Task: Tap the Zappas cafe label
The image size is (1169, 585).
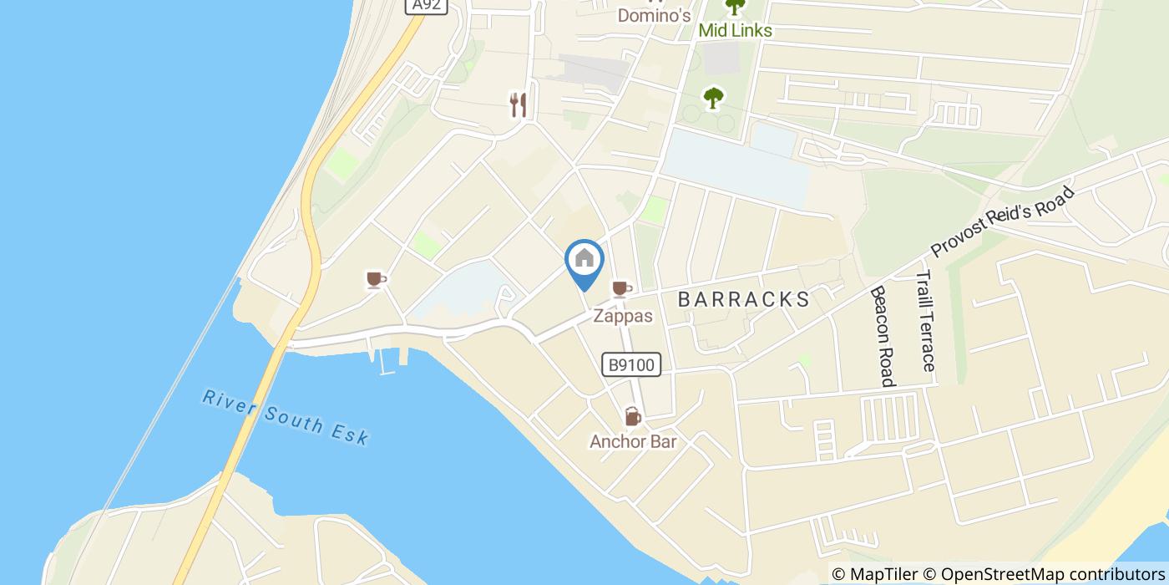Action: [x=622, y=317]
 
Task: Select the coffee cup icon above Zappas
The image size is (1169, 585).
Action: [x=620, y=289]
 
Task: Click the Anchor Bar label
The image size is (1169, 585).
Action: [x=632, y=441]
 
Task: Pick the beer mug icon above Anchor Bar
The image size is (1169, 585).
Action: [x=632, y=416]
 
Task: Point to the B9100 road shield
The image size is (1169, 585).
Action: [x=631, y=365]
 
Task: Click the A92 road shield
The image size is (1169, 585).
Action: [x=427, y=6]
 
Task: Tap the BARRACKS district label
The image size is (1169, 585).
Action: [x=743, y=299]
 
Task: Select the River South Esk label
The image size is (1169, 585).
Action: [x=285, y=416]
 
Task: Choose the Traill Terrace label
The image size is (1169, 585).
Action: [x=925, y=322]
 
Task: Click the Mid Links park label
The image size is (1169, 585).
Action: [x=735, y=31]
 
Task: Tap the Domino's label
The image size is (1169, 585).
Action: [x=654, y=15]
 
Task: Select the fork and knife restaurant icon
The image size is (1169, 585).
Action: [x=519, y=104]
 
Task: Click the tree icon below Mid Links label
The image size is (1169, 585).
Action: [x=712, y=98]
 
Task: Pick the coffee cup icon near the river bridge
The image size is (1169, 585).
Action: [x=376, y=279]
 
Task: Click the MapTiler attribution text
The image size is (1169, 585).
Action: [x=874, y=574]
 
